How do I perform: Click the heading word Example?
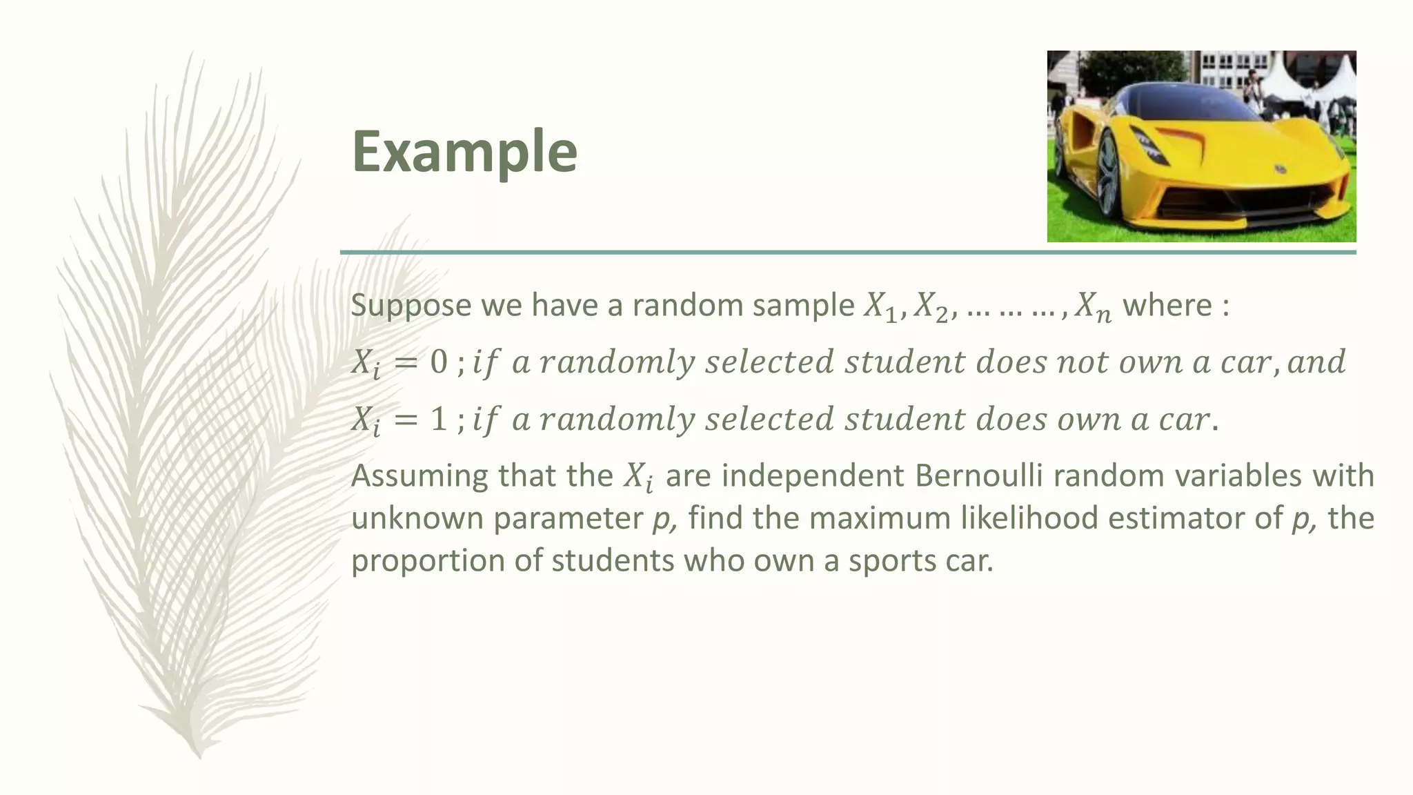464,153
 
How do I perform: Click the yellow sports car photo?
1201,146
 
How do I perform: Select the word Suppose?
411,306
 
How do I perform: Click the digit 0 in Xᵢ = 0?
439,362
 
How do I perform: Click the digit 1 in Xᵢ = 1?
439,420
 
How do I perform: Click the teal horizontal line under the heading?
848,253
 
